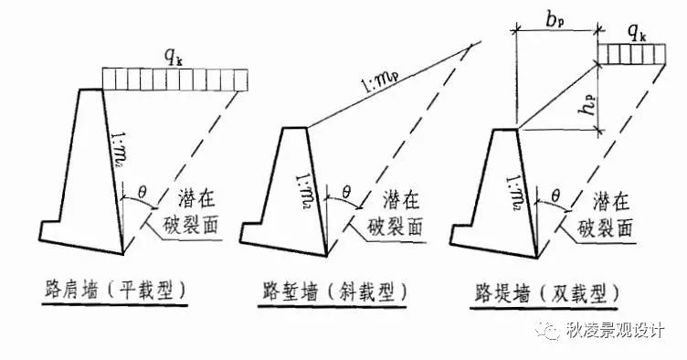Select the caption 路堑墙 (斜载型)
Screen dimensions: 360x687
coord(329,292)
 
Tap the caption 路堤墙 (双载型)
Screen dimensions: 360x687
coord(546,292)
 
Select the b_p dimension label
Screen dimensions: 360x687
coord(557,16)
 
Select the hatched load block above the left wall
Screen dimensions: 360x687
coord(174,79)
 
